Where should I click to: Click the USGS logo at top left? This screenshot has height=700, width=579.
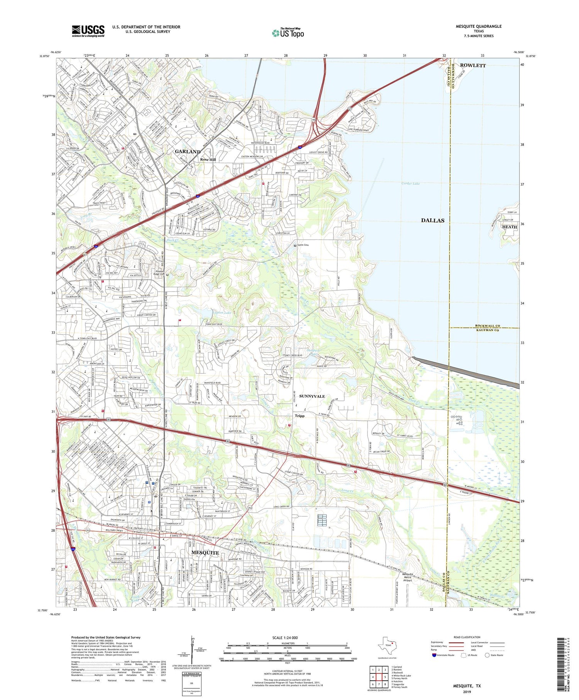[88, 31]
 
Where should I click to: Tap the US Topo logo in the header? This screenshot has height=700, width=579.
[288, 33]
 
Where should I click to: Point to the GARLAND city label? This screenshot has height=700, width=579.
[188, 152]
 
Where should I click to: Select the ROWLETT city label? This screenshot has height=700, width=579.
[473, 65]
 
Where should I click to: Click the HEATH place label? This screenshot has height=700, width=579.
[509, 227]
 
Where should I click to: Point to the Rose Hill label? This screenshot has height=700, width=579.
[208, 159]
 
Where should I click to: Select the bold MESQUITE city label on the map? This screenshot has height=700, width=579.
[205, 553]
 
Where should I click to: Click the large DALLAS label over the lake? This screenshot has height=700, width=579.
[432, 220]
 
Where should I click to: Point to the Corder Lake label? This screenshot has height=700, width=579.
[410, 184]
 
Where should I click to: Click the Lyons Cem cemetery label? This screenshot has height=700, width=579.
[303, 245]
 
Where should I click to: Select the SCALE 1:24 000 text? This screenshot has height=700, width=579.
[287, 637]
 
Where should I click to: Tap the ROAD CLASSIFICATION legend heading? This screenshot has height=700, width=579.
[467, 637]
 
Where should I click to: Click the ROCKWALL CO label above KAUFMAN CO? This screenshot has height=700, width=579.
[488, 325]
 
